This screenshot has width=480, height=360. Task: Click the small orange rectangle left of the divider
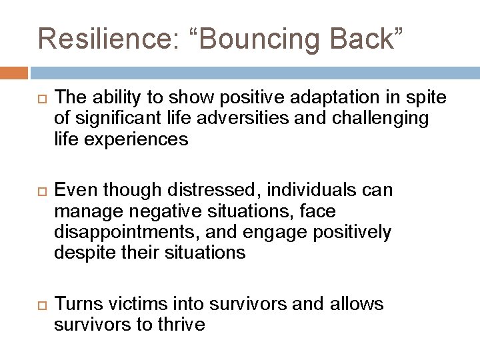13,73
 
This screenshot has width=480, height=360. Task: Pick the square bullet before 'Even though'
42,191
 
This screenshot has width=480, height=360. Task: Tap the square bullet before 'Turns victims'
42,304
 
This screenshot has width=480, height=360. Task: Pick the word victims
127,304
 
